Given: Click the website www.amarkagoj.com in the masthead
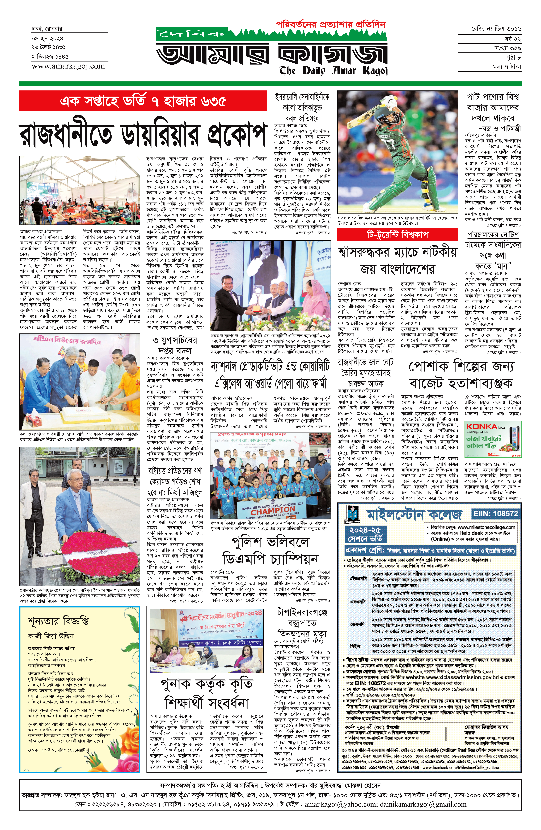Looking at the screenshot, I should [68, 66].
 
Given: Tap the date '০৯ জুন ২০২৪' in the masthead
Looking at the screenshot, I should [48, 38].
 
